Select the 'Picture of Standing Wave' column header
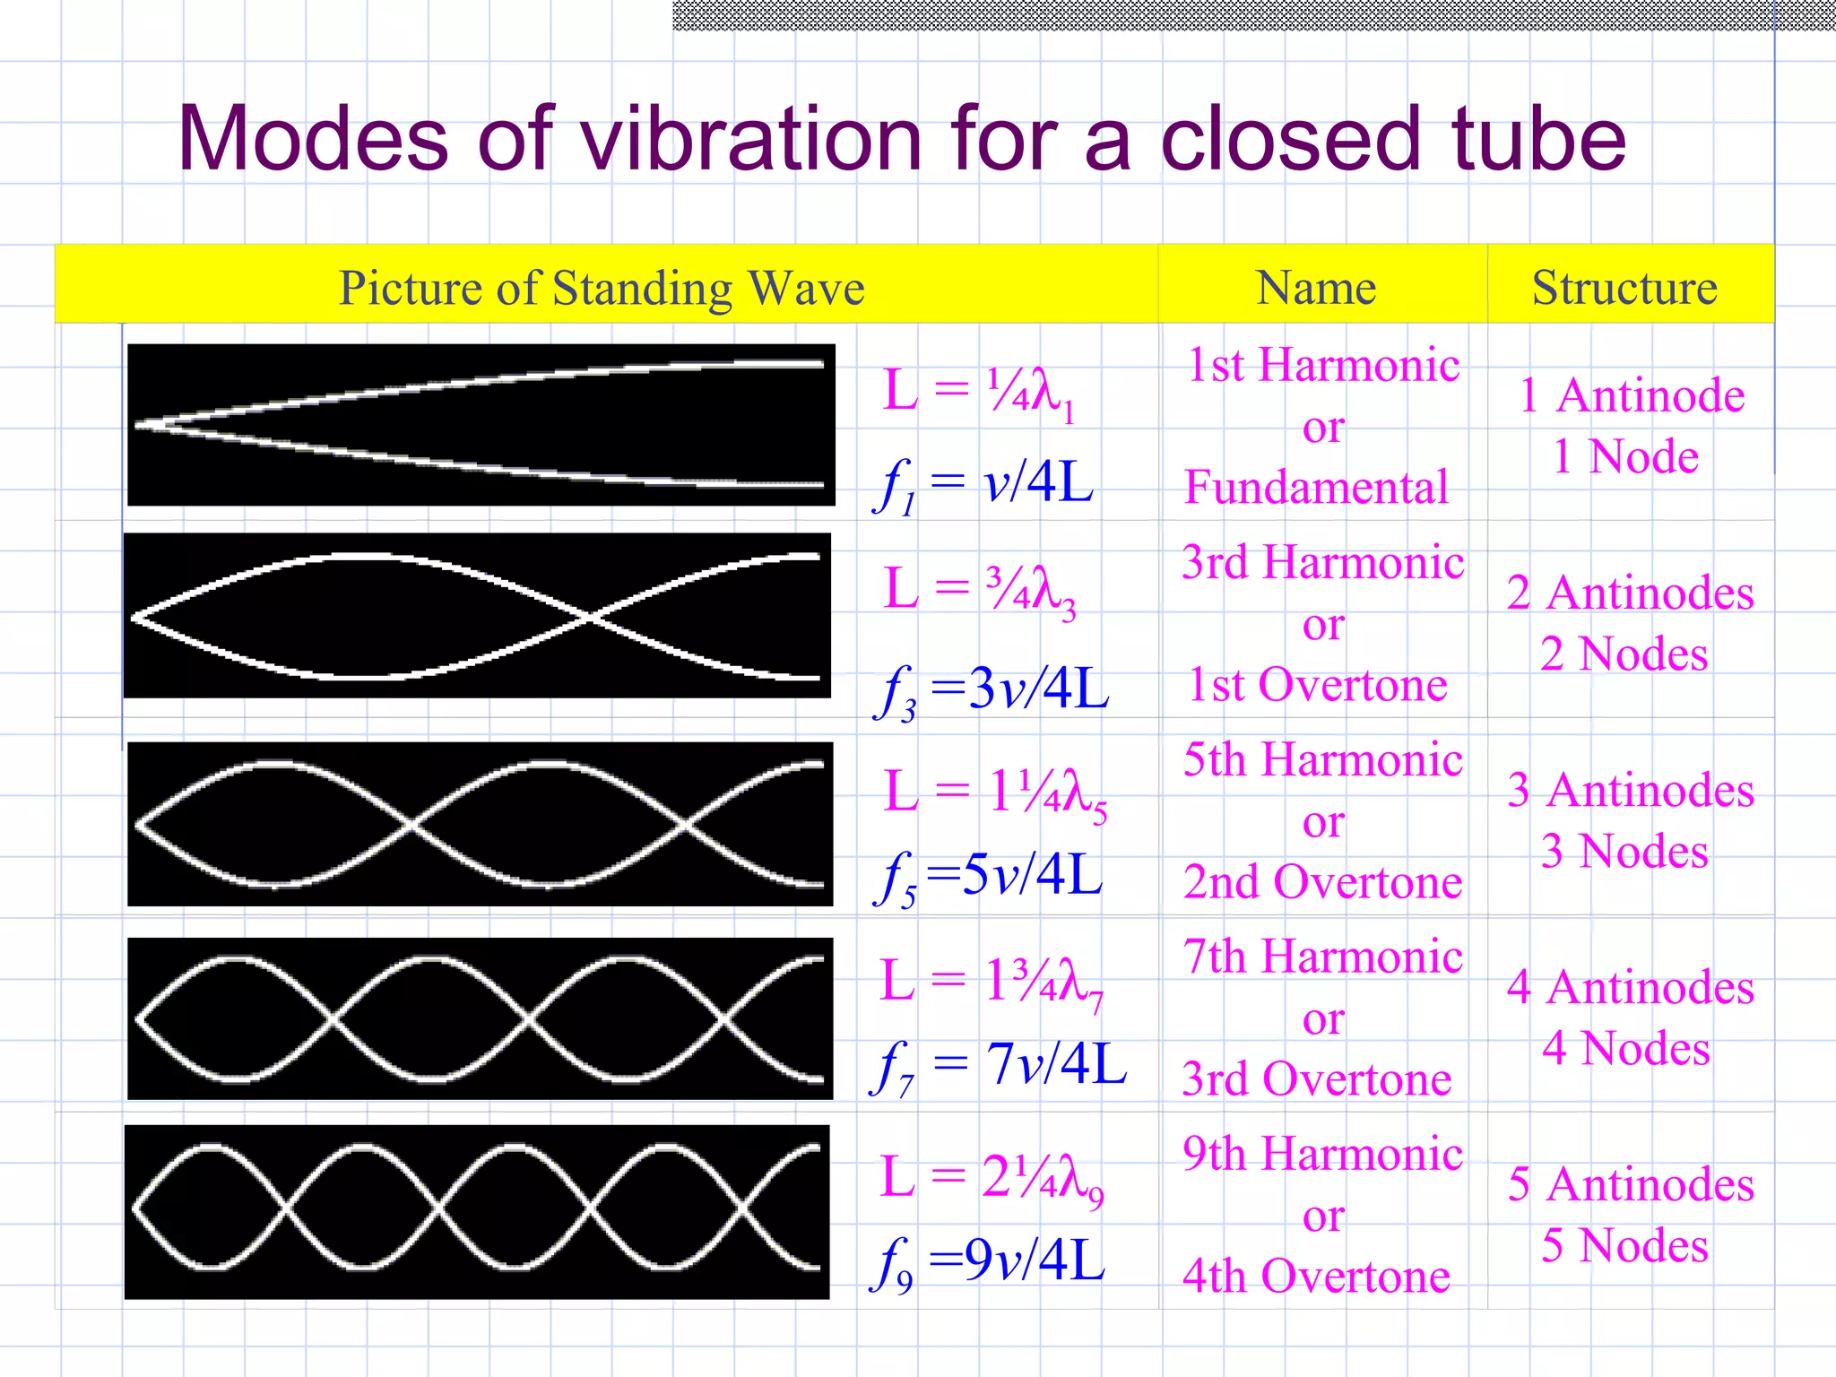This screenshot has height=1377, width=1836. click(x=602, y=288)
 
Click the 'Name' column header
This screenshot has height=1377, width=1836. click(x=1316, y=288)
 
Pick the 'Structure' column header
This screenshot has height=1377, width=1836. click(x=1624, y=288)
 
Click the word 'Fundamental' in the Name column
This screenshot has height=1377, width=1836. click(x=1316, y=488)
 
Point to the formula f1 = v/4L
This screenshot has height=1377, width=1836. click(x=983, y=485)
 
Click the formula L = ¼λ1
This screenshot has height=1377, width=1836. click(x=978, y=392)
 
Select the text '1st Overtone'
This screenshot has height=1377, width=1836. click(x=1317, y=685)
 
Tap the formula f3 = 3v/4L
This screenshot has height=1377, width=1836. click(x=991, y=689)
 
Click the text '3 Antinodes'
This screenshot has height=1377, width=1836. click(x=1630, y=790)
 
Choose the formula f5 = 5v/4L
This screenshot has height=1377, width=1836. click(x=987, y=876)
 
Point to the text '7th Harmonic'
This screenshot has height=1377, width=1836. click(x=1322, y=956)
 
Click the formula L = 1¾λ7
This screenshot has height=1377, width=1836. click(x=991, y=981)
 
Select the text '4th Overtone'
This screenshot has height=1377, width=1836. click(x=1316, y=1276)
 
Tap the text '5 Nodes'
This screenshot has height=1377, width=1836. click(x=1624, y=1245)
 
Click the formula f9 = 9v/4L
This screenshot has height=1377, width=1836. click(x=987, y=1260)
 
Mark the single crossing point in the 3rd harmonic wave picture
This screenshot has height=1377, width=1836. click(x=590, y=617)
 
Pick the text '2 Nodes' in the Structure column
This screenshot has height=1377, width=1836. click(x=1624, y=654)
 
